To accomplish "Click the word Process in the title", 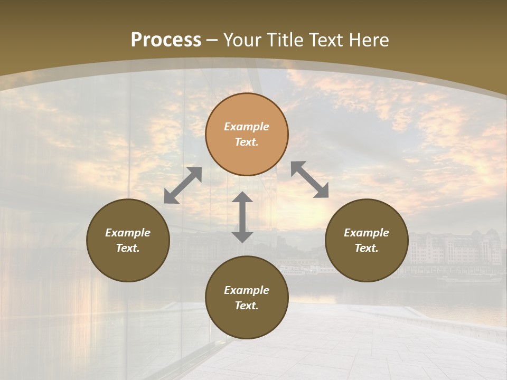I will (x=166, y=40).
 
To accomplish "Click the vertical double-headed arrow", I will (x=242, y=217).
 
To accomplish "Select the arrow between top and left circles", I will (x=183, y=185).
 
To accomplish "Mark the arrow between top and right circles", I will (x=310, y=179).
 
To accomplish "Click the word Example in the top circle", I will (x=247, y=127).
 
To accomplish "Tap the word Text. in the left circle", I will (x=128, y=248).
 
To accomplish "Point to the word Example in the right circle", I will (x=367, y=233).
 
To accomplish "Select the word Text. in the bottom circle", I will (x=247, y=306).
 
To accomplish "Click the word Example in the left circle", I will (x=128, y=233).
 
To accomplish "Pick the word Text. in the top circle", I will (x=247, y=142).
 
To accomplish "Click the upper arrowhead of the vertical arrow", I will (x=242, y=198).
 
